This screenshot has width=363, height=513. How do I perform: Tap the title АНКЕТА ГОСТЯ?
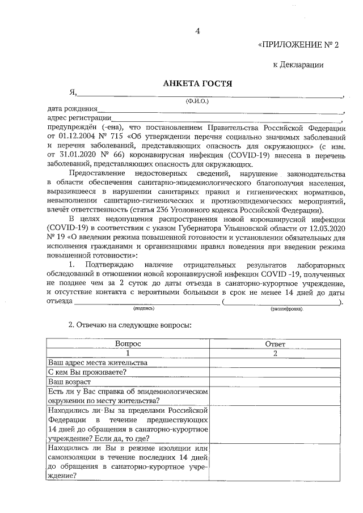[x=197, y=83]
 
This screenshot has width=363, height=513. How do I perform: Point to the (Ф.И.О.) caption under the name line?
[x=197, y=101]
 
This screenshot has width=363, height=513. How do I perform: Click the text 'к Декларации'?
[x=298, y=65]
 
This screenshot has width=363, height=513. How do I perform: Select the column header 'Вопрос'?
[x=128, y=344]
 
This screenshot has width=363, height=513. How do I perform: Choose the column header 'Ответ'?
[x=275, y=344]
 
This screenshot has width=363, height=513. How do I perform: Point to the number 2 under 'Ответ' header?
[x=275, y=353]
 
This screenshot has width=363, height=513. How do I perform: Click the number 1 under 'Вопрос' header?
[x=128, y=353]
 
